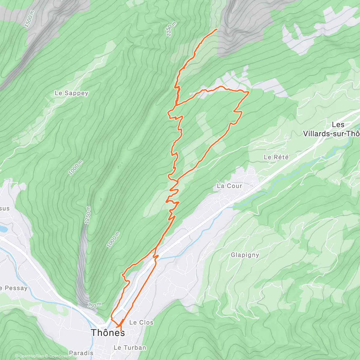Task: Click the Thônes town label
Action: coord(108,332)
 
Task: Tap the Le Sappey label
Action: coord(71,93)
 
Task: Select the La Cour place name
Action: coord(229,186)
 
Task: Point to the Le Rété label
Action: coord(276,157)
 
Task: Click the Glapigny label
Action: coord(245,255)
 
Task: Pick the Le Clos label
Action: coord(141,322)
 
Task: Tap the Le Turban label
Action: coord(130,348)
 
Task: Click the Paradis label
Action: coord(81,353)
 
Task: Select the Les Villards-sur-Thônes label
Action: coord(331,129)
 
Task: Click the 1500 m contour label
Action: coord(30,19)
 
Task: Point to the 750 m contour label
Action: coord(94,305)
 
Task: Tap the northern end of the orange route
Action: coord(217,29)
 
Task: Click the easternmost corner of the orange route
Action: coord(249,92)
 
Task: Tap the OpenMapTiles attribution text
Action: coord(29,356)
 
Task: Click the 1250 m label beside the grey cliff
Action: coord(88,215)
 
